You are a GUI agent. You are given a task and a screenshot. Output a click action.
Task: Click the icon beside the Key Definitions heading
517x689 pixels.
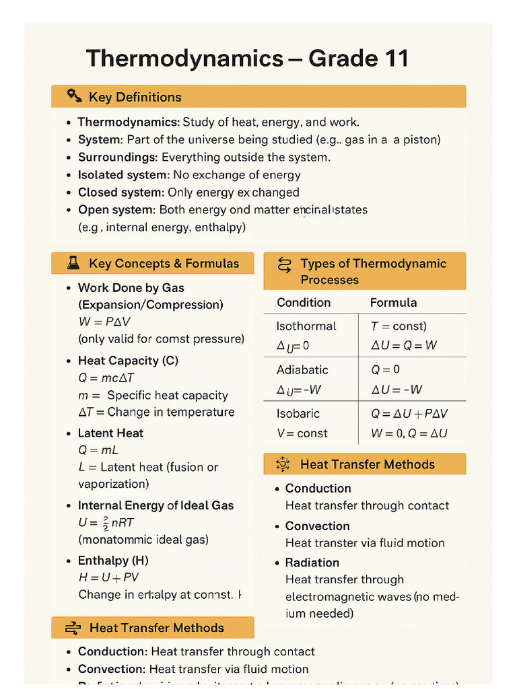[x=74, y=96]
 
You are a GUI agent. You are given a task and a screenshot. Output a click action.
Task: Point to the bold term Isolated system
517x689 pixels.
[x=123, y=174]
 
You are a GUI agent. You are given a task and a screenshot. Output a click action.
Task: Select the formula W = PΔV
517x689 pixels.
[x=104, y=322]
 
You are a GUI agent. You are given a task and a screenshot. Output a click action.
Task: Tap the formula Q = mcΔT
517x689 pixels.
[x=106, y=378]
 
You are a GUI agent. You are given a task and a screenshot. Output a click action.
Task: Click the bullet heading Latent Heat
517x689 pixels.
[x=110, y=433]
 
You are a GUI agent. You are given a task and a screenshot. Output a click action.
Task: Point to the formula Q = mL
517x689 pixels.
[x=98, y=450]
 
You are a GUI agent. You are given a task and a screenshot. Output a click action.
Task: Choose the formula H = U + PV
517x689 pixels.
[x=109, y=577]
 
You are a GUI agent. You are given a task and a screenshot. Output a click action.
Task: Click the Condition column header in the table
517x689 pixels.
[x=304, y=302]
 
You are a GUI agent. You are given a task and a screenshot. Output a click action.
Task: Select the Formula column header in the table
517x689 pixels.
[x=393, y=302]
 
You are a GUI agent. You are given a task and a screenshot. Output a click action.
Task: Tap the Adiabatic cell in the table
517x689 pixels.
[x=302, y=369]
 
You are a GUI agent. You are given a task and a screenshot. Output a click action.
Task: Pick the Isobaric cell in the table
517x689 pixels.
[x=298, y=413]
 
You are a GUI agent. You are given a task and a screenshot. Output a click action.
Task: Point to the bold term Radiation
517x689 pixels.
[x=312, y=563]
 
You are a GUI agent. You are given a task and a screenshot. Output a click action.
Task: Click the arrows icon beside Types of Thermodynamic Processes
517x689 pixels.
[x=284, y=264]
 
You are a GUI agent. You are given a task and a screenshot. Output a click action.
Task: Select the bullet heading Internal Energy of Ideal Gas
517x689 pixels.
[x=156, y=505]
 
